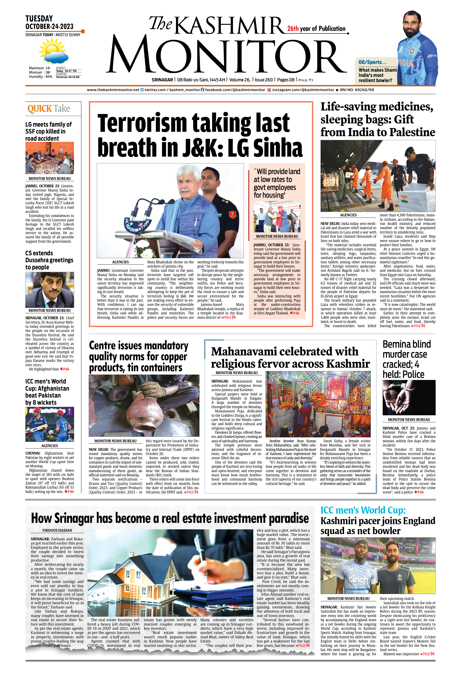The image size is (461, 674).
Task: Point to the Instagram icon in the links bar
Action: coord(269,90)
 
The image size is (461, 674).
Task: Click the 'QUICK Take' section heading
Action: coord(49,109)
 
